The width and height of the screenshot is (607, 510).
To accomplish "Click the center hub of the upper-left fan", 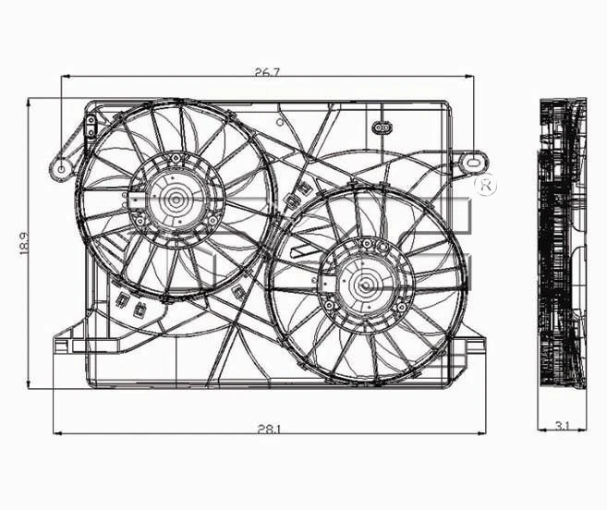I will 174,197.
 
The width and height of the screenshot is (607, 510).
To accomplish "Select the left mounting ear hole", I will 63,168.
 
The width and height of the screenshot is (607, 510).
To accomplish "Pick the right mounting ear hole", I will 474,161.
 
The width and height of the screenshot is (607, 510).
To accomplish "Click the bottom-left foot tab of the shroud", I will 62,346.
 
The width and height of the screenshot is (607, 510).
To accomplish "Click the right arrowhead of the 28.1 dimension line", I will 486,432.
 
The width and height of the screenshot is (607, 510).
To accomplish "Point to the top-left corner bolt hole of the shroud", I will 91,121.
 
